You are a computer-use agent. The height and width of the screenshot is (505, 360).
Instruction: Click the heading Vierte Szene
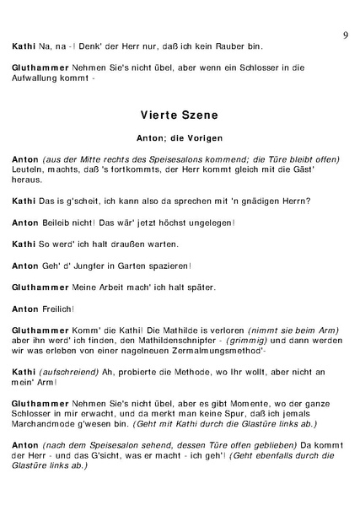(180, 112)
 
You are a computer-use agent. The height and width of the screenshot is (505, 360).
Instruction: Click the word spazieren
(154, 266)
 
